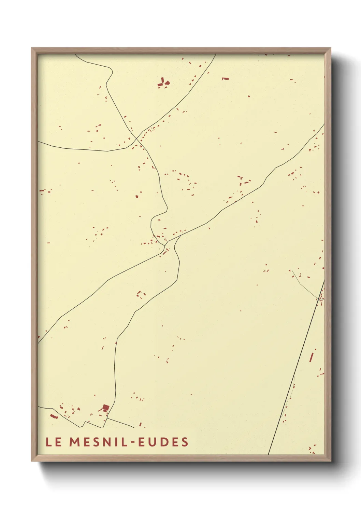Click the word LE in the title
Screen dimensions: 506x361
[54, 442]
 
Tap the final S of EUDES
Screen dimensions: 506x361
[185, 442]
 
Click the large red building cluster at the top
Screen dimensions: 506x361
[163, 83]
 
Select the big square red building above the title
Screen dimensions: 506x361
[106, 408]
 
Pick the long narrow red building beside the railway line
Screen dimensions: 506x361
[312, 357]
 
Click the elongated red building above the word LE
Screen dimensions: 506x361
[54, 416]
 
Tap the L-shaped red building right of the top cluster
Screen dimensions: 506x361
[225, 79]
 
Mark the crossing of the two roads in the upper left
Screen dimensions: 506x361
[136, 138]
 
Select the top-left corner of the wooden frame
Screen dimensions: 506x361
[32, 48]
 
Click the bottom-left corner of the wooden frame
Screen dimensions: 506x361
[32, 461]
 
